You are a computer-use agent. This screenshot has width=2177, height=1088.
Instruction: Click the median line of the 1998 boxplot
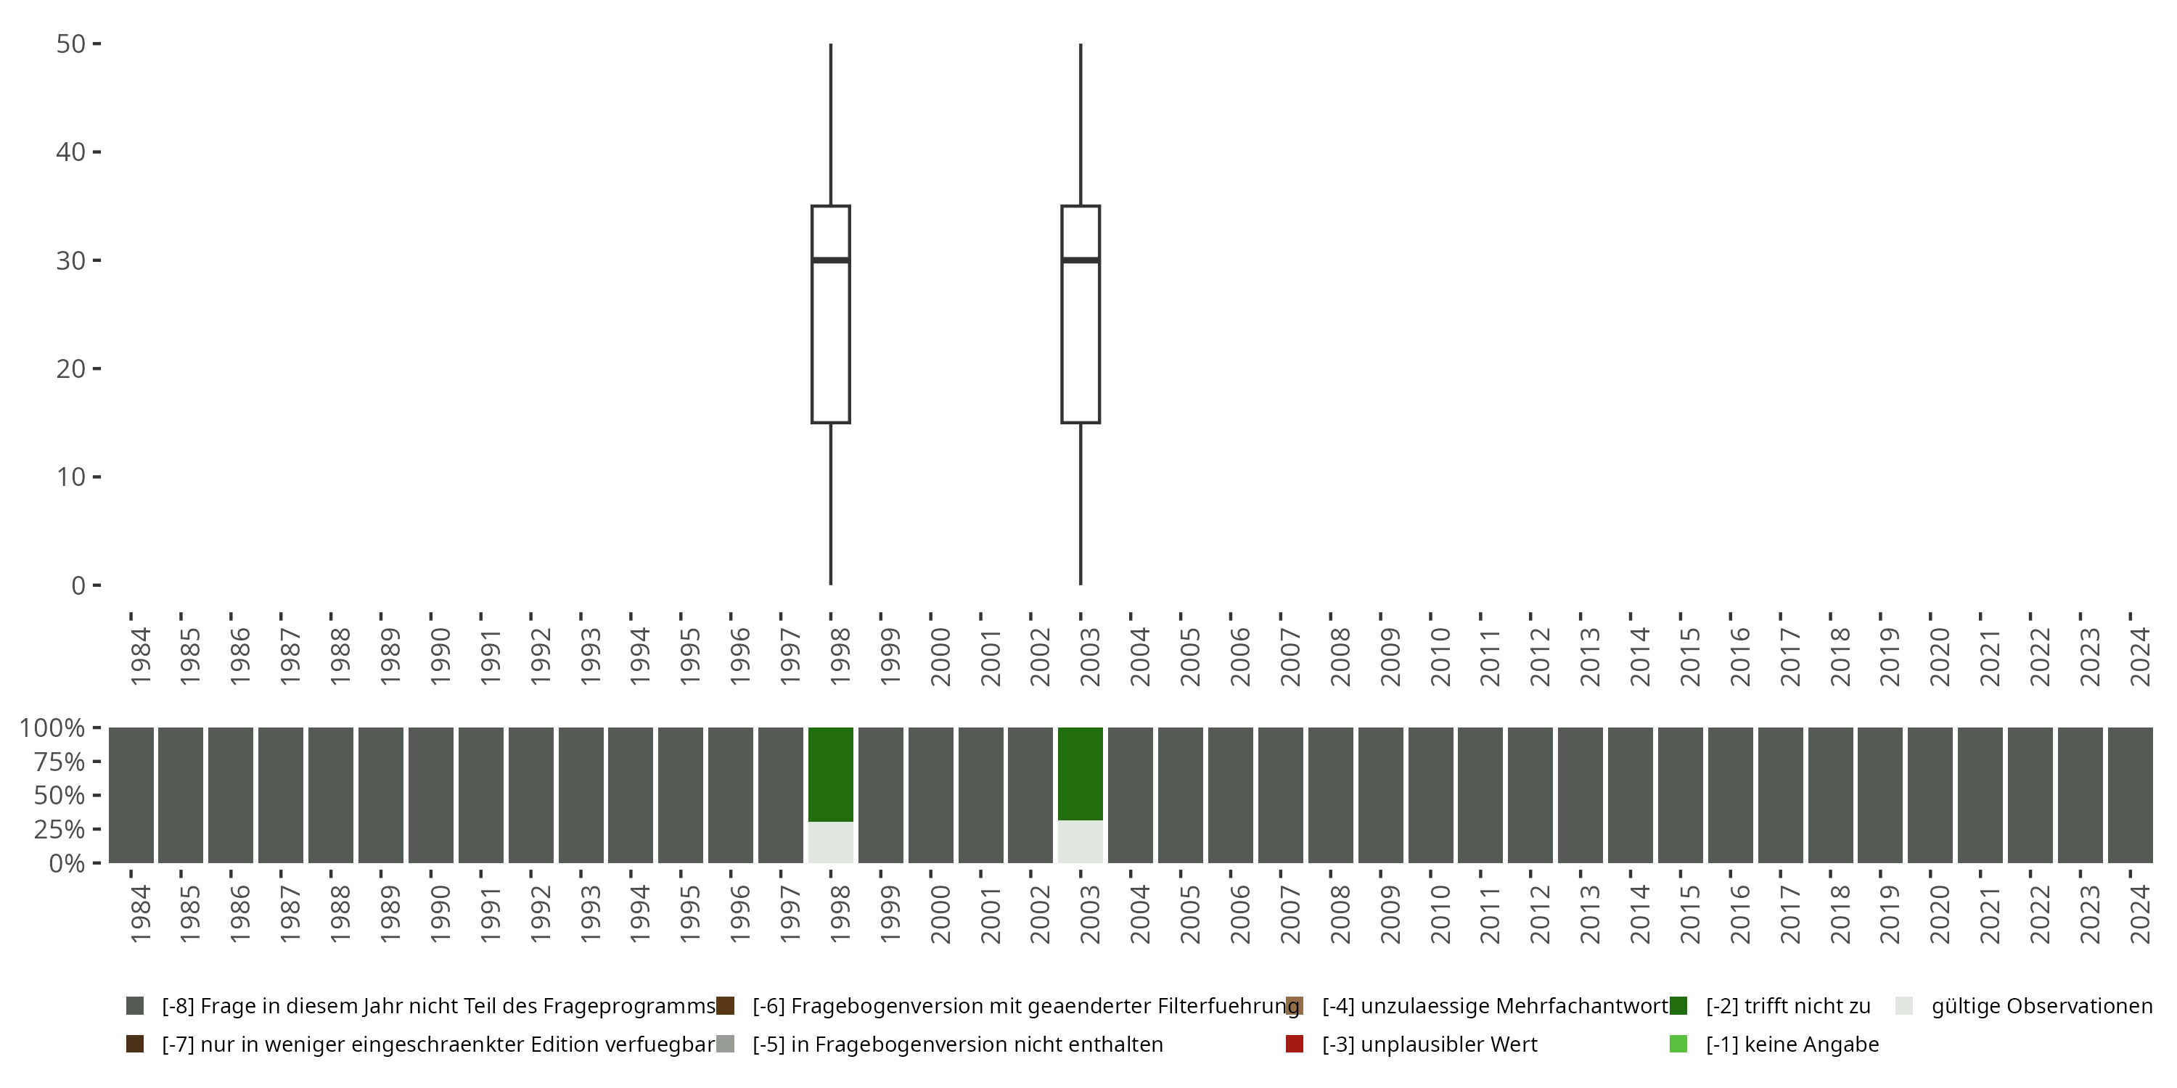click(x=831, y=260)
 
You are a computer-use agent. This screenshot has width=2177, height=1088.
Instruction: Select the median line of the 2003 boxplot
click(x=1081, y=260)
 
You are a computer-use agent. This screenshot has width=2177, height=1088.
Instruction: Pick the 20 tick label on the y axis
click(x=71, y=369)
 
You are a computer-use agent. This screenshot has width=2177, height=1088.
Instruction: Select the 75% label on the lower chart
click(x=60, y=762)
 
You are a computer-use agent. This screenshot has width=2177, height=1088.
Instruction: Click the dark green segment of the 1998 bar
click(x=831, y=774)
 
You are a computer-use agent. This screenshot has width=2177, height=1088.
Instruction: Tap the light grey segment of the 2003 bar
click(x=1081, y=841)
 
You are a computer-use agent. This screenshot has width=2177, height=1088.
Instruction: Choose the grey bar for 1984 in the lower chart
click(x=131, y=795)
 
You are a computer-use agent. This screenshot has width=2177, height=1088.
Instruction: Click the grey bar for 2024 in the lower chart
click(x=2131, y=795)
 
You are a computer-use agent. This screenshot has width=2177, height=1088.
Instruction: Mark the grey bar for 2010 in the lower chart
click(x=1431, y=795)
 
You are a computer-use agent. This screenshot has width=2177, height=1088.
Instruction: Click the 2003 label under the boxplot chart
click(x=1089, y=657)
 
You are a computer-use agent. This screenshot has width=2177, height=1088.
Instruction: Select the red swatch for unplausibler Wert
click(x=1294, y=1044)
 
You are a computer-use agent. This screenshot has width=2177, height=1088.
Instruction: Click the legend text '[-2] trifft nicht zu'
click(x=1788, y=1006)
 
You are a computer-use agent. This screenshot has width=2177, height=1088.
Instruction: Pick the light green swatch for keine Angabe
click(x=1678, y=1044)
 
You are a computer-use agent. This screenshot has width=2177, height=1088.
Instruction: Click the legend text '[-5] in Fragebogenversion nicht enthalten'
click(x=957, y=1044)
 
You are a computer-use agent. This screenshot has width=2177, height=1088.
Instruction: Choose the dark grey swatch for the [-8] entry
click(x=134, y=1006)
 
